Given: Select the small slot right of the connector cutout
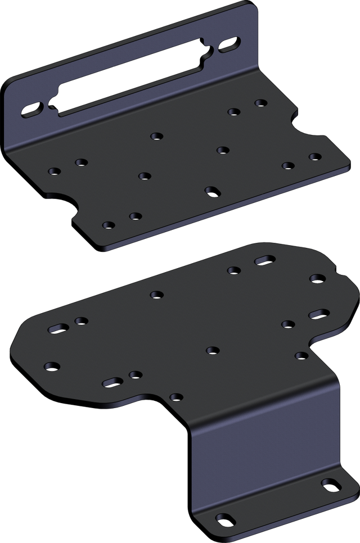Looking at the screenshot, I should point(229,45).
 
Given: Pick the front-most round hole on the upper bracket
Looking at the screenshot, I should point(109,225).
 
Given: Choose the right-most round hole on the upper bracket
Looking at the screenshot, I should point(314,156).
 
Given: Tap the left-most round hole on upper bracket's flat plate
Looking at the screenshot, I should point(54,171).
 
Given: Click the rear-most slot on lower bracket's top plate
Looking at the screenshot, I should point(264,260).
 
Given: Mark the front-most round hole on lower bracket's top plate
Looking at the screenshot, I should point(175,397).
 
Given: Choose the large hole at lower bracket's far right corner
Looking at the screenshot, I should point(317,279).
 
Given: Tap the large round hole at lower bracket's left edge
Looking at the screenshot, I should point(52,366).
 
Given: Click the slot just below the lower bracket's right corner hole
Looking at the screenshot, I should point(318,313).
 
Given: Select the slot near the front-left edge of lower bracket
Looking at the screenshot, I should point(112,382).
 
